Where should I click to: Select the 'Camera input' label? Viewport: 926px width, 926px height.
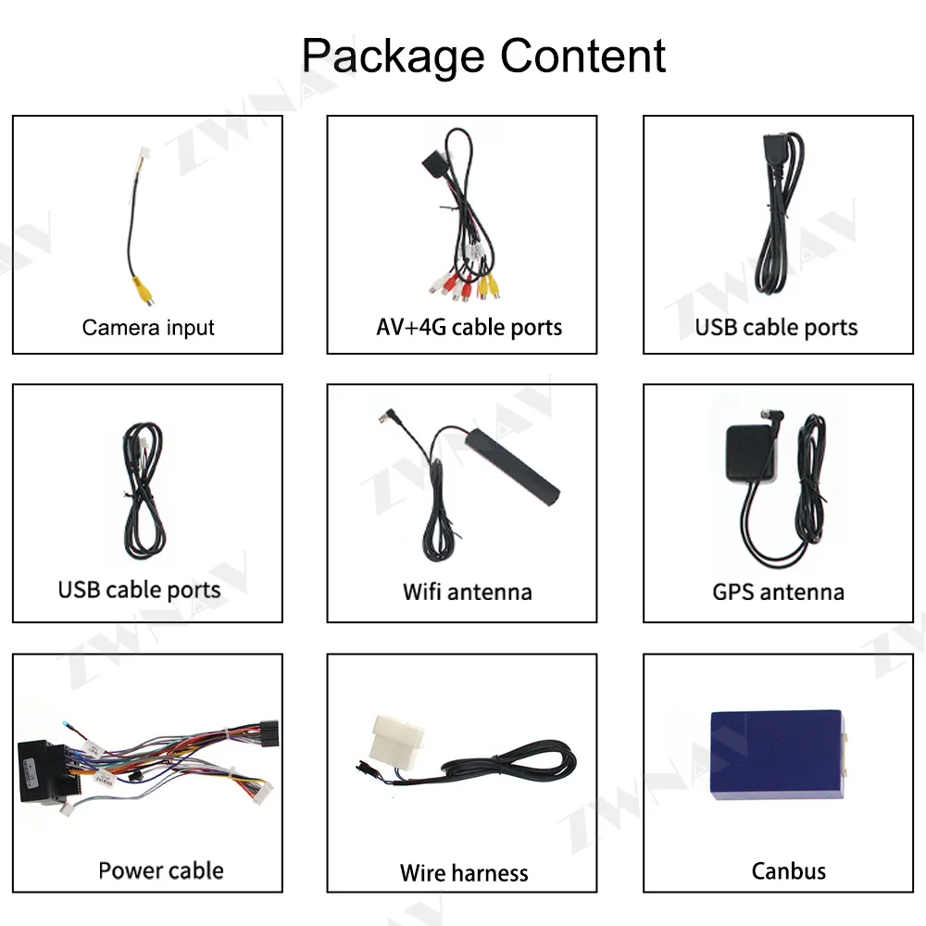pos(148,327)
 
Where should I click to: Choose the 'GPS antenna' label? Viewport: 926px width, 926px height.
pos(778,591)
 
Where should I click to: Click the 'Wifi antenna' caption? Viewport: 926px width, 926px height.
pos(467,591)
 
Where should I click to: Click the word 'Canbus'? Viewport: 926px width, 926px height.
pos(788,870)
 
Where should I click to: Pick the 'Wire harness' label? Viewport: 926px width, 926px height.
pos(464,872)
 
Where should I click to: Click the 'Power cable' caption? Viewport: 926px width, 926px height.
pos(160,870)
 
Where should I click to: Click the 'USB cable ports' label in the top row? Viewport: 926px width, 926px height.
pos(776,327)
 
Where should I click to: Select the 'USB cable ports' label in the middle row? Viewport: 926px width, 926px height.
pos(139,590)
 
